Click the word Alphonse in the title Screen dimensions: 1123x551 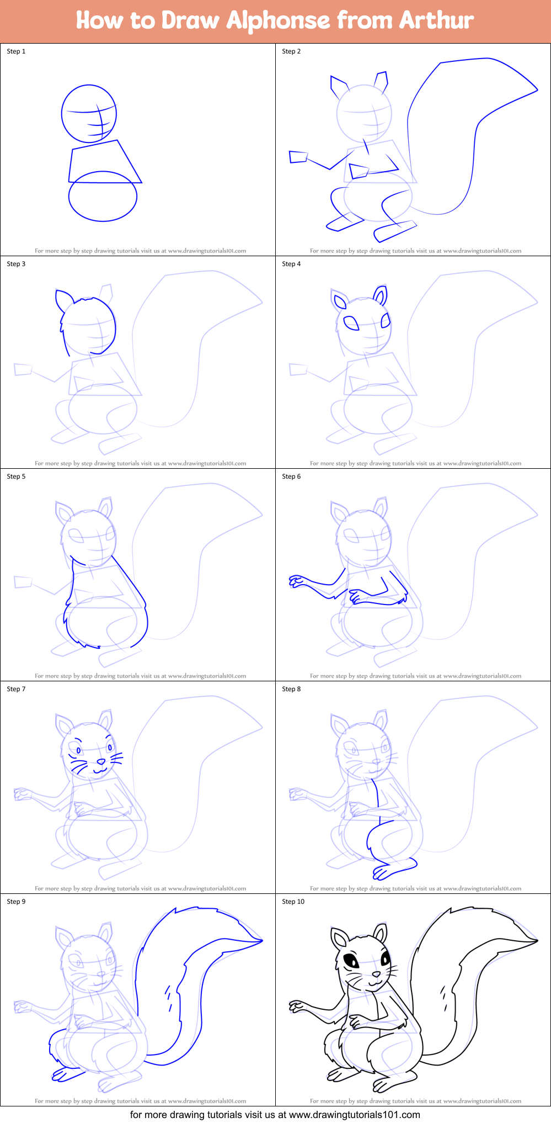click(278, 20)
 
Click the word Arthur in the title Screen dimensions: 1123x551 click(436, 20)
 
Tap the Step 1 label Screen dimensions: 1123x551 click(16, 51)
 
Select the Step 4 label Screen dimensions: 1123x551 click(291, 264)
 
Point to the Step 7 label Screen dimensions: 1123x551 click(16, 689)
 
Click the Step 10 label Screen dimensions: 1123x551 click(293, 902)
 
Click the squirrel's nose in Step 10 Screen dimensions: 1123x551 click(376, 974)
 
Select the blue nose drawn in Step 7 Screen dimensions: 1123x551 click(101, 762)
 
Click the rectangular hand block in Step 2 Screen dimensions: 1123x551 click(298, 157)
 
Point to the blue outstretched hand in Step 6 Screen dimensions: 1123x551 click(297, 580)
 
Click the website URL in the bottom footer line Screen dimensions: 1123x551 click(355, 1115)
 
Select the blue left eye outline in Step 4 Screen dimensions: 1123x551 click(351, 322)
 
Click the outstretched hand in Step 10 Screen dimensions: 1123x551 click(297, 1005)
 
